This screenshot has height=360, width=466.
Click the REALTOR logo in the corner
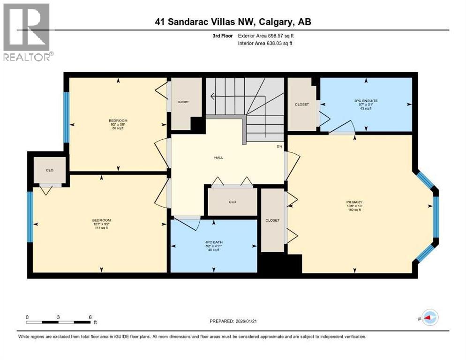coord(26,31)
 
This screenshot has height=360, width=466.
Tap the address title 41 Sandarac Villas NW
coord(233,22)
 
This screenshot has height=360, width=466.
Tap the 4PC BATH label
coord(213,246)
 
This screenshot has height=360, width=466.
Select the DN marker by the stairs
coord(279,146)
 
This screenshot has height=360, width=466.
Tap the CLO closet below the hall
coord(232,202)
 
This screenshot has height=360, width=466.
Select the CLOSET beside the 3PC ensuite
coord(301,105)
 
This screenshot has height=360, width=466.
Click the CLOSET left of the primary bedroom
coord(272,220)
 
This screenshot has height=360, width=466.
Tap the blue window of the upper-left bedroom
coord(67,117)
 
